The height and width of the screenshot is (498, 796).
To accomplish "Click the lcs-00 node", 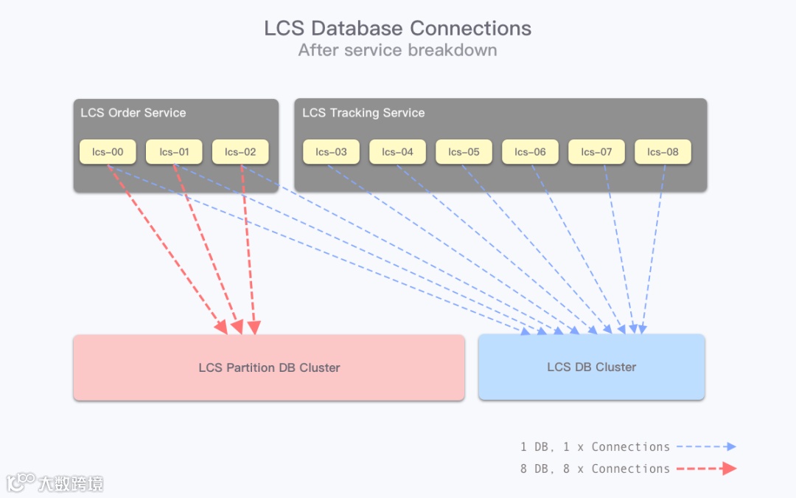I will point(108,152).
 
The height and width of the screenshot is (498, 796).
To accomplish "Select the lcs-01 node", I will point(174,152).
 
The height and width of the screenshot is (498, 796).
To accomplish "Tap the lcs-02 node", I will point(240,152).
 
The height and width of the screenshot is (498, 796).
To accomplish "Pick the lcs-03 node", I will point(331,152).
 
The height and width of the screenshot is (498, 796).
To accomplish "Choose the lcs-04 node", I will point(397,152).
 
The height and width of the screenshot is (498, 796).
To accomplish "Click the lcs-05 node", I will point(464,152).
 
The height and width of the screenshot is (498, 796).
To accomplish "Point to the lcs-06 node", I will point(530,152).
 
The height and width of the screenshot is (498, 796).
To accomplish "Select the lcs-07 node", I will point(596,152).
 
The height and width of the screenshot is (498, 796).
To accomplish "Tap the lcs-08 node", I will point(663,152).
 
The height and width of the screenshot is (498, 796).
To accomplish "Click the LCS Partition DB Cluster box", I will point(269,367).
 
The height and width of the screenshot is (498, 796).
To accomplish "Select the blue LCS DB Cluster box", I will point(591,367).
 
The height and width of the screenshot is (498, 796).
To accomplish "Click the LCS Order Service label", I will point(133,113).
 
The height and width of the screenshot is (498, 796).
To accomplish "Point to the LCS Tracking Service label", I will point(363,113).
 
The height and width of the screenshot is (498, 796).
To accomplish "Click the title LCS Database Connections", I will point(398,29).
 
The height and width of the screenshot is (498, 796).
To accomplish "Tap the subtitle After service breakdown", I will point(398,50).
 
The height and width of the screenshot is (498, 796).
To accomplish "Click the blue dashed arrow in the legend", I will point(706,446).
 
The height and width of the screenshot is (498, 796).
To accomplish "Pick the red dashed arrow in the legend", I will point(706,468).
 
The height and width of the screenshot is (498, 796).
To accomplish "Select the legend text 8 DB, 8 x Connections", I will point(595,468).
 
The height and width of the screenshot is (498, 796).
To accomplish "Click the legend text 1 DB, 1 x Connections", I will point(595,446).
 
